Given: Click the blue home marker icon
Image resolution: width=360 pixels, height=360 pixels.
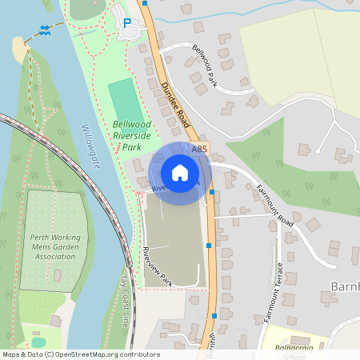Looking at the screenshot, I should [180, 172].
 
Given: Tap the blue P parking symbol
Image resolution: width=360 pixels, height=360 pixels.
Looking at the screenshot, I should [126, 23].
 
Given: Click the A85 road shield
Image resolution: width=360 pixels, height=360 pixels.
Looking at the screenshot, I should [199, 150].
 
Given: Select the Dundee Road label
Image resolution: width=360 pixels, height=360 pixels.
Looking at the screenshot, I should [174, 106].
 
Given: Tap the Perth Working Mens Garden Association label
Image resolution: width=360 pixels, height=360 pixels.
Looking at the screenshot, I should [54, 247].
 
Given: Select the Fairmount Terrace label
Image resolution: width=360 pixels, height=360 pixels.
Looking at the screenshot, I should [274, 292].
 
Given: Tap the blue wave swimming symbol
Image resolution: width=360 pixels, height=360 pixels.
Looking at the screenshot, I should [45, 31].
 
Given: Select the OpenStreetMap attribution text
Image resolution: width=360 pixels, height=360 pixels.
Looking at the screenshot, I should [81, 354].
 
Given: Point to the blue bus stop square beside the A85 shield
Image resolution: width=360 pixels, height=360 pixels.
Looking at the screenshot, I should [211, 192].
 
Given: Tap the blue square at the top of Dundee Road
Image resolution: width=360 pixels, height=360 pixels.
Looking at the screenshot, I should [145, 3].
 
